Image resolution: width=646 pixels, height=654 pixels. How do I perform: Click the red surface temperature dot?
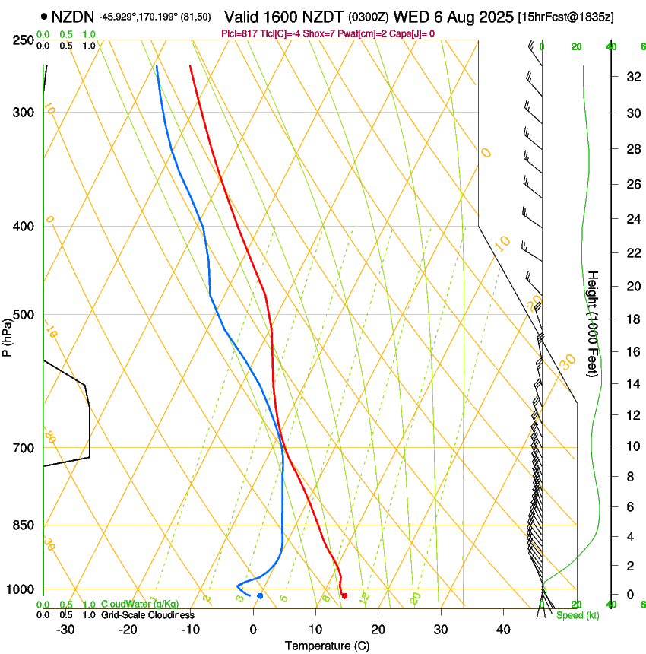344,595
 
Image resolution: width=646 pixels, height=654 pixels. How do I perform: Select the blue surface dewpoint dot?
260,595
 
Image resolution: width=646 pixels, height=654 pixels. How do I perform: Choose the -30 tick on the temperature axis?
65,629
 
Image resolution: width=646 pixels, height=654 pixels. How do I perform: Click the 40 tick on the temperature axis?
502,629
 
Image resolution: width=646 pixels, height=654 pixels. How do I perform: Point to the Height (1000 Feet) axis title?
593,323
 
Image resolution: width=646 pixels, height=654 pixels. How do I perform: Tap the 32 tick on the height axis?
632,76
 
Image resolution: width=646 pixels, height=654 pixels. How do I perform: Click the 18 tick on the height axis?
632,319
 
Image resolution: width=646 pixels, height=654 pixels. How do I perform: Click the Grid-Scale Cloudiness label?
147,614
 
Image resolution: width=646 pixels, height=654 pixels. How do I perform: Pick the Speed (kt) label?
577,614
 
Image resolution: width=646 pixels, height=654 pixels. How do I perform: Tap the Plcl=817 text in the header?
238,33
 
